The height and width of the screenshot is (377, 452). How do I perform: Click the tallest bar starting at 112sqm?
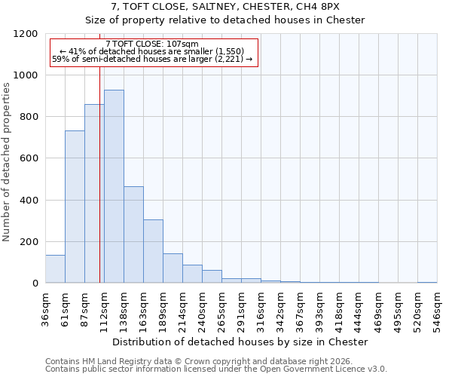[114, 186]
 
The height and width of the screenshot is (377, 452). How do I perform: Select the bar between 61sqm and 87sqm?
[75, 207]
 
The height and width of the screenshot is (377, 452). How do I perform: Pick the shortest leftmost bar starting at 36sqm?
[55, 269]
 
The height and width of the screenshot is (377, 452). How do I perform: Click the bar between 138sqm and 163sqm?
[133, 234]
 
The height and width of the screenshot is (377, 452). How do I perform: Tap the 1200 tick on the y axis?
[27, 34]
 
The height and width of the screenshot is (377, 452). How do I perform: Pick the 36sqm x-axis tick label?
[45, 308]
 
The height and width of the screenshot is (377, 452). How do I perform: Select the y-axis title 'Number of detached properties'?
[7, 162]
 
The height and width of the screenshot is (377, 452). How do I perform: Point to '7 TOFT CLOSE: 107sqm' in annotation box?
[153, 44]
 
